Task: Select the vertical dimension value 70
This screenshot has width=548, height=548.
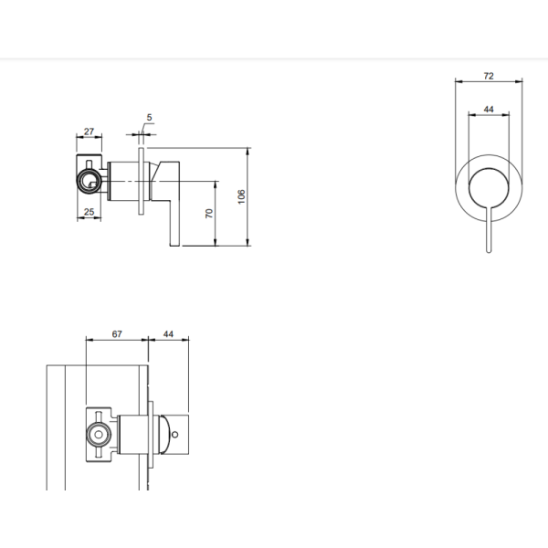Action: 210,212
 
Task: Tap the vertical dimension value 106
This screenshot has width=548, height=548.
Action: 242,195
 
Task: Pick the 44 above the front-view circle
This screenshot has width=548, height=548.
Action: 489,110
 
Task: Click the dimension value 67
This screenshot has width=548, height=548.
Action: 117,334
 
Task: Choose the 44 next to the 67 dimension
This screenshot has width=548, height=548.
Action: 168,334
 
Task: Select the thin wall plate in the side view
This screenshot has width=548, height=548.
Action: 141,182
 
